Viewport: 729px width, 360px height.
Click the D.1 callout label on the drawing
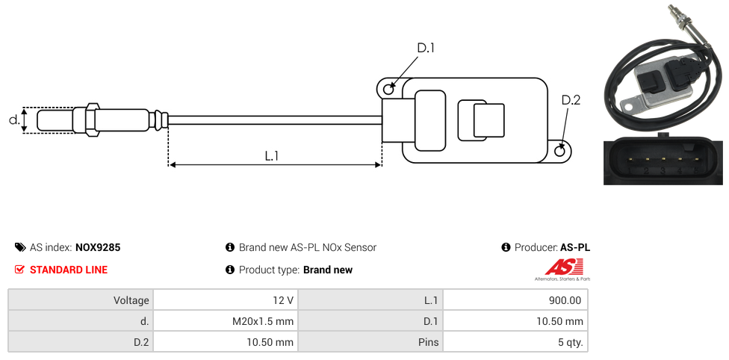[x=425, y=49]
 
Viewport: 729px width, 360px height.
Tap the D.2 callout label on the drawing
[x=570, y=101]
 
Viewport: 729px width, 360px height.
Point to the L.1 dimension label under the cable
[x=272, y=156]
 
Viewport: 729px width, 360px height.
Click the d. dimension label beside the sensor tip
[x=13, y=120]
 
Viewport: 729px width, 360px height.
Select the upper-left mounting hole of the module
[x=388, y=90]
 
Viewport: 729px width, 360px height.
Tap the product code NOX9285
[x=98, y=247]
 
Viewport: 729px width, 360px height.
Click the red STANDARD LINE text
[x=69, y=270]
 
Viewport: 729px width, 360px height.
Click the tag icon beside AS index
[x=20, y=247]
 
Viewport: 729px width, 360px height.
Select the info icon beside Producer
[x=506, y=247]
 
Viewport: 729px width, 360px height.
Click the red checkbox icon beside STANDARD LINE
[x=20, y=270]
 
